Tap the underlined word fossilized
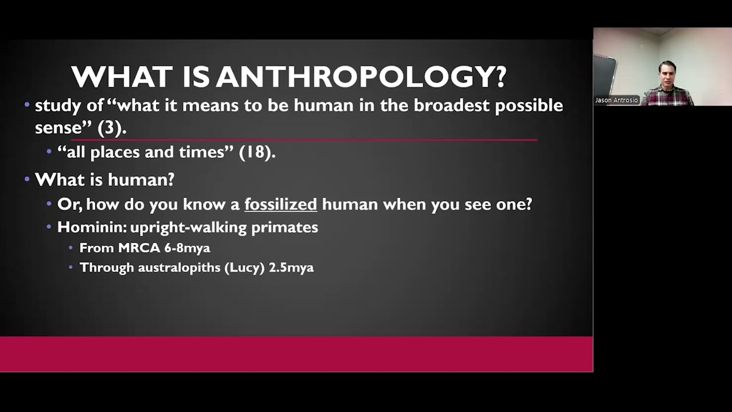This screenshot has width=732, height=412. pyautogui.click(x=280, y=204)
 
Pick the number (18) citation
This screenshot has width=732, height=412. pyautogui.click(x=257, y=152)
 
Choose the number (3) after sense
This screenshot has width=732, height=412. pyautogui.click(x=112, y=128)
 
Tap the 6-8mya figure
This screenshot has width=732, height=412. pyautogui.click(x=187, y=248)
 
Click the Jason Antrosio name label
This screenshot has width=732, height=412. pyautogui.click(x=616, y=100)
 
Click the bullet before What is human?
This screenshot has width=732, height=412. pyautogui.click(x=27, y=180)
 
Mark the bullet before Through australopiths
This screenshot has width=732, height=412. pyautogui.click(x=70, y=267)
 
